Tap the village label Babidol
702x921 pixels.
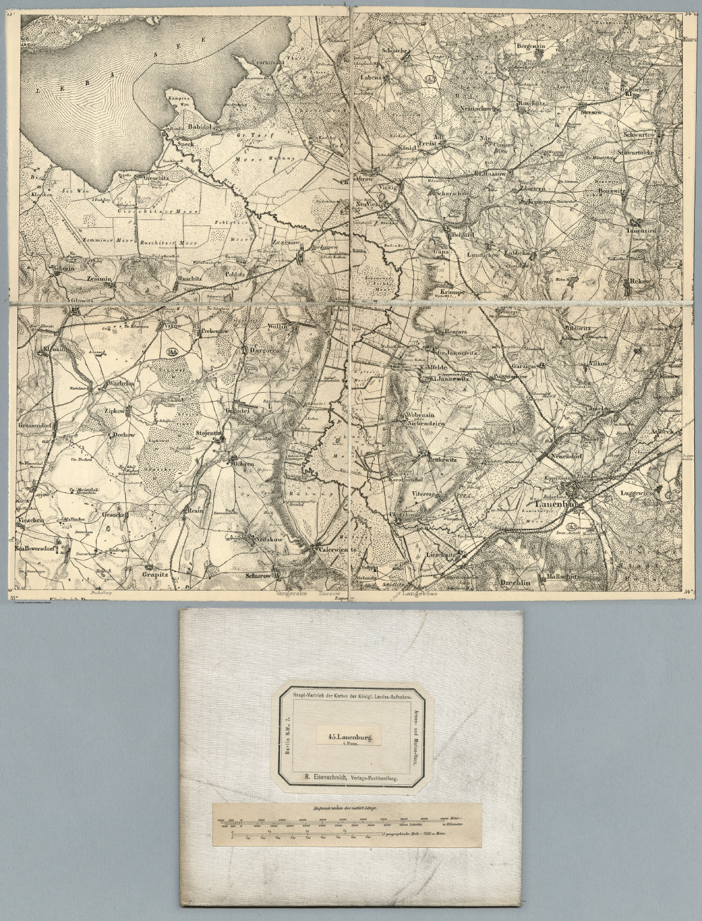point(197,127)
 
